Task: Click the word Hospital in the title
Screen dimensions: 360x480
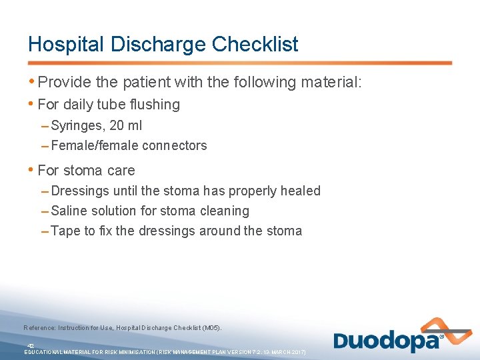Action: (65, 44)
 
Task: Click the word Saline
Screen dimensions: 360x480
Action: (69, 211)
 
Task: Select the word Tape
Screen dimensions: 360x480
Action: (65, 231)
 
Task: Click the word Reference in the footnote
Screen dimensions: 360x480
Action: (39, 328)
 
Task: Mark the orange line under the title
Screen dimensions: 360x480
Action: (240, 63)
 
